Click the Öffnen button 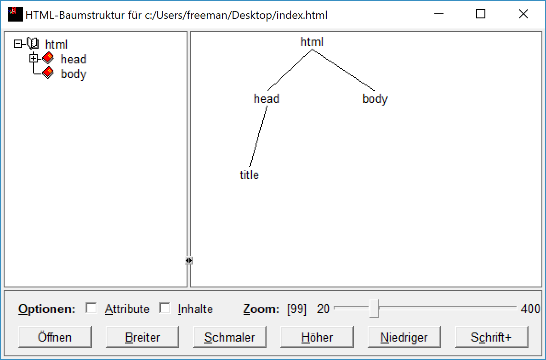point(55,337)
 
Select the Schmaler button point(229,337)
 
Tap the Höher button point(317,337)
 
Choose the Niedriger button point(404,337)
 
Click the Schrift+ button point(491,337)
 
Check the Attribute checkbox point(91,308)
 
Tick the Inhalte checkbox point(165,308)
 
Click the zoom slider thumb point(374,308)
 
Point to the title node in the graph point(249,175)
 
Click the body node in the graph point(375,99)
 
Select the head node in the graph point(267,99)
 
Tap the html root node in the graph point(312,42)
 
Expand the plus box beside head point(33,58)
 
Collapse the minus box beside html point(18,44)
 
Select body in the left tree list point(74,74)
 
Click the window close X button point(523,14)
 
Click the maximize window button point(481,14)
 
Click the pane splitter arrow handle point(189,260)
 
